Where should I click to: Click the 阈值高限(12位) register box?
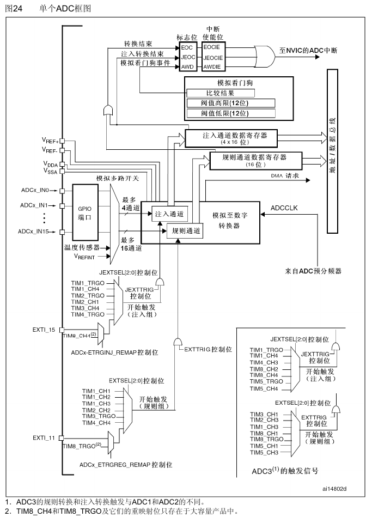[231, 104]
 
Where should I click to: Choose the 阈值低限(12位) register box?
[231, 113]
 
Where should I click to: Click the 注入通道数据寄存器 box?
[231, 137]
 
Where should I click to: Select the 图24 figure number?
[14, 8]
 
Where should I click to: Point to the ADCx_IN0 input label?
[35, 190]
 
